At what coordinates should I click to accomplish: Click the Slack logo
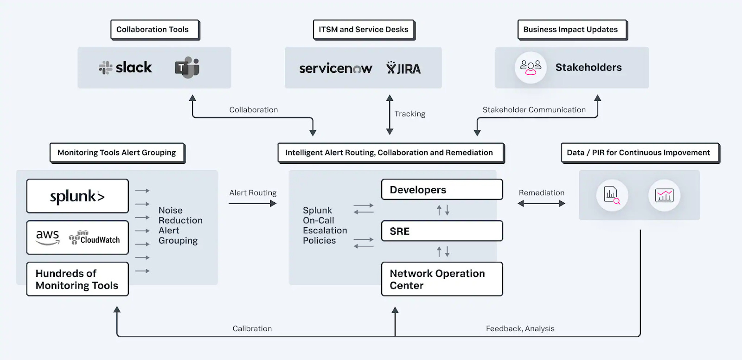tap(126, 68)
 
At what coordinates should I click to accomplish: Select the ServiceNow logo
tap(335, 69)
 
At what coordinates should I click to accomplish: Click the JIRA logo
tap(403, 69)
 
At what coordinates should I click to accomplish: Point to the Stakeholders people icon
tap(531, 67)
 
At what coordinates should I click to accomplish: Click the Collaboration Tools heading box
tap(155, 30)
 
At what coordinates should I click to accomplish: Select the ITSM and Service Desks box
tap(364, 30)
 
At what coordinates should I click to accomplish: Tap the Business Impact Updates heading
tap(572, 30)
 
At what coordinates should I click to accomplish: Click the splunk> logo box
tap(77, 196)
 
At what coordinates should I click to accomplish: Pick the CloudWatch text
tap(100, 240)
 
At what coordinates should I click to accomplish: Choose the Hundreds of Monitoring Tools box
tap(77, 279)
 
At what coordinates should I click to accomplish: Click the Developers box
tap(442, 190)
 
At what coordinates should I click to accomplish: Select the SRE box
tap(442, 231)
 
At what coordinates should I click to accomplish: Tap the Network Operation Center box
tap(442, 279)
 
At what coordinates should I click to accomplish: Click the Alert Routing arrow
tap(252, 203)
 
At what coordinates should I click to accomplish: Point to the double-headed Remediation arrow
tap(541, 203)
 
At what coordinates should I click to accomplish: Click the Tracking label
tap(409, 114)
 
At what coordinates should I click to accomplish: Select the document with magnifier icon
tap(612, 195)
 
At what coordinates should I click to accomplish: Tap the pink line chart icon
tap(664, 195)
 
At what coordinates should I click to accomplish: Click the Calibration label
tap(252, 328)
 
